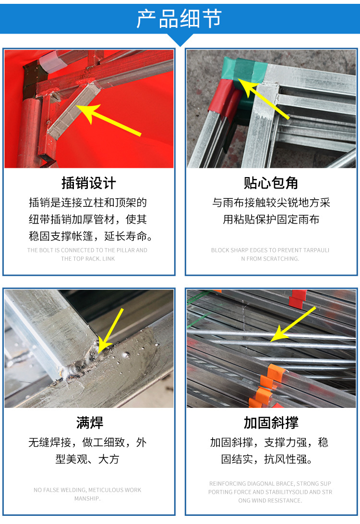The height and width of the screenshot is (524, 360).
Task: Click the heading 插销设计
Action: (x=89, y=183)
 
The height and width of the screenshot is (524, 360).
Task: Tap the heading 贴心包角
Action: (x=271, y=183)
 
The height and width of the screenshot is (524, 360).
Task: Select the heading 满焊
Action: (x=89, y=423)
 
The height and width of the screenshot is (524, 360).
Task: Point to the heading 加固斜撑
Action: (x=271, y=423)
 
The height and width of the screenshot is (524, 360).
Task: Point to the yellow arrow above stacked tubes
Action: (x=293, y=324)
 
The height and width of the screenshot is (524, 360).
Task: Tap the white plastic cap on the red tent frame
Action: (x=54, y=62)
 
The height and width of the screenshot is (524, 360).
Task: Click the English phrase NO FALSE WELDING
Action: (x=60, y=490)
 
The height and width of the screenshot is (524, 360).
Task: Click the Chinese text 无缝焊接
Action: (x=49, y=442)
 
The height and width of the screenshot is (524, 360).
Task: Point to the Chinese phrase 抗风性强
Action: (x=285, y=459)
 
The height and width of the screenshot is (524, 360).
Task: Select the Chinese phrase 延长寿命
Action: (x=125, y=236)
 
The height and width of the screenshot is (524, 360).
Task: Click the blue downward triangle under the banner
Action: (x=180, y=39)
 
